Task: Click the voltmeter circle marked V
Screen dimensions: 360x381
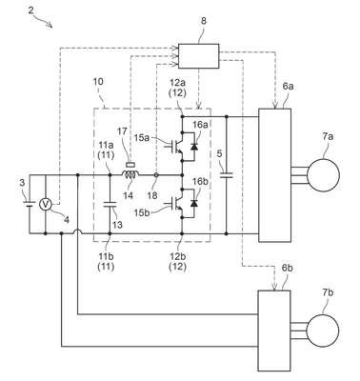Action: pyautogui.click(x=46, y=205)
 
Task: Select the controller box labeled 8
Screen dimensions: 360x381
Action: pyautogui.click(x=198, y=56)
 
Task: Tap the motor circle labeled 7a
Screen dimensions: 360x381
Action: pyautogui.click(x=323, y=175)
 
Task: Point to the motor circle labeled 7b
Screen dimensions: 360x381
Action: pyautogui.click(x=322, y=331)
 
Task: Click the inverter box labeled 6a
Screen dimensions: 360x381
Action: pyautogui.click(x=275, y=175)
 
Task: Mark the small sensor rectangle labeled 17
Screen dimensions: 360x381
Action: pyautogui.click(x=130, y=165)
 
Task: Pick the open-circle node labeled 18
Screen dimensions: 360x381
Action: pyautogui.click(x=156, y=175)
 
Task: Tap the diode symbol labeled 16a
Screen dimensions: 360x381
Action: pyautogui.click(x=194, y=147)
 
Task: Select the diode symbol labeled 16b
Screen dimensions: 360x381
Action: pyautogui.click(x=194, y=204)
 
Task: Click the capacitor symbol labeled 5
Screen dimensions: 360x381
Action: pyautogui.click(x=227, y=175)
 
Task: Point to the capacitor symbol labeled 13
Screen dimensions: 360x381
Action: pyautogui.click(x=110, y=204)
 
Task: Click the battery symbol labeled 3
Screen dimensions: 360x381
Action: pyautogui.click(x=30, y=204)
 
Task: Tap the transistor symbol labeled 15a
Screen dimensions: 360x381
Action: pyautogui.click(x=175, y=147)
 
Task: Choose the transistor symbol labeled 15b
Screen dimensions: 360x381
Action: pyautogui.click(x=175, y=203)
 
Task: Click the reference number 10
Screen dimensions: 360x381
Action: pyautogui.click(x=98, y=82)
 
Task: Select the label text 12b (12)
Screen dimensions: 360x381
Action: pyautogui.click(x=178, y=262)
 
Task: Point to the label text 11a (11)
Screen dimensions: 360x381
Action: pyautogui.click(x=105, y=151)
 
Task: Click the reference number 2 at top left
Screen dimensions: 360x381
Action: pyautogui.click(x=30, y=10)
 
